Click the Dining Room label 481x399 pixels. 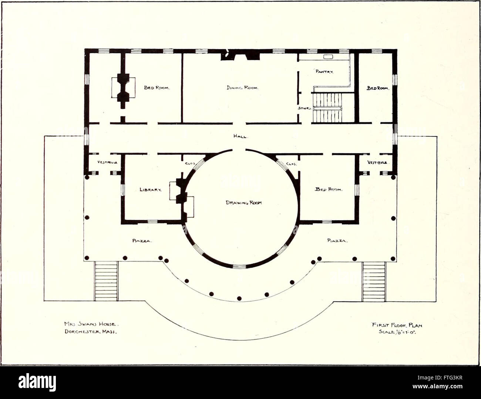click(x=242, y=88)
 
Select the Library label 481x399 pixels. click(x=151, y=190)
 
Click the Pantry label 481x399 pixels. click(x=324, y=71)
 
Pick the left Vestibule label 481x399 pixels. click(x=107, y=162)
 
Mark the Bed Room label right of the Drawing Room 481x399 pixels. click(x=329, y=189)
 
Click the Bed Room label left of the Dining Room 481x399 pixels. click(x=157, y=88)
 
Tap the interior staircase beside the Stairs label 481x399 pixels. click(x=327, y=108)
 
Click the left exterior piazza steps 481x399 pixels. click(x=106, y=281)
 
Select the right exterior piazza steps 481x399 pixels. click(x=374, y=281)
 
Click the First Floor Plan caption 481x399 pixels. click(x=397, y=325)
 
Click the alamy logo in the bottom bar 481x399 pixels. click(x=37, y=382)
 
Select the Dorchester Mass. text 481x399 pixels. click(x=91, y=331)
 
